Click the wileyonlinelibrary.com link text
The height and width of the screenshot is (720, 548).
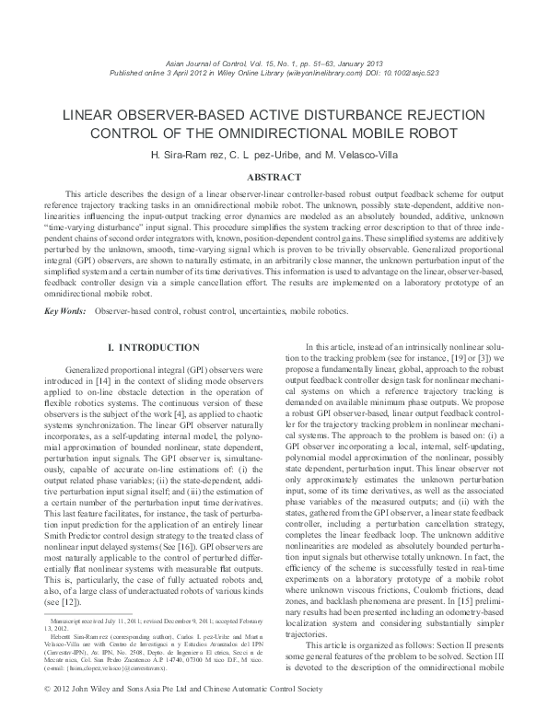[x=320, y=71]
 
